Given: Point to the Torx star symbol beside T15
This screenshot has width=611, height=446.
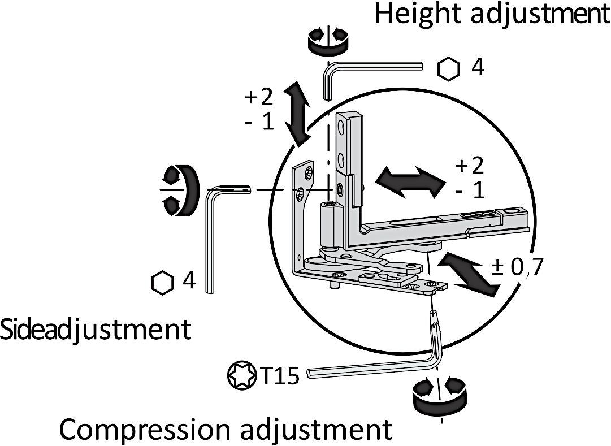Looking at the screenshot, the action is pos(242,375).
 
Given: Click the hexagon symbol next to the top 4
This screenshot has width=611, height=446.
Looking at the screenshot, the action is pos(449,68).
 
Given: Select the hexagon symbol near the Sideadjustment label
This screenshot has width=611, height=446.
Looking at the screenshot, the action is pos(162,282).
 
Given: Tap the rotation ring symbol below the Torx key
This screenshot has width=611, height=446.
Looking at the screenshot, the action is pos(439,399).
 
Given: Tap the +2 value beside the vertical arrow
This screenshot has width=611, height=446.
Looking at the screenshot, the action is pos(259,98).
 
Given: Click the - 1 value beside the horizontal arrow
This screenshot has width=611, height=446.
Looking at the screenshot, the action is pos(470,190).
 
